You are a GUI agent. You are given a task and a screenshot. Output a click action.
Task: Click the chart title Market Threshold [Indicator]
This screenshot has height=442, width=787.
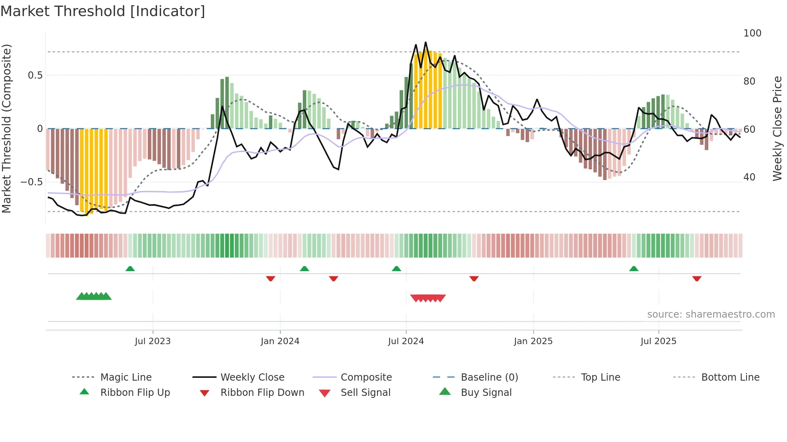[x=103, y=11]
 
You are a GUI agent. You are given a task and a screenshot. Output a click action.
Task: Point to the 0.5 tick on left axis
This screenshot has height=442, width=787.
[x=35, y=75]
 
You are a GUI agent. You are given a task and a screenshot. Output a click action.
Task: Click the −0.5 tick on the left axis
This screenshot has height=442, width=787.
[x=32, y=182]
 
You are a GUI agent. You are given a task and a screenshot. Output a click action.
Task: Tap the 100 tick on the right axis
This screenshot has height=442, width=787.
[x=752, y=33]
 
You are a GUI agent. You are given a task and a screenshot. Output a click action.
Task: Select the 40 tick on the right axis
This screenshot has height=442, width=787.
[x=749, y=177]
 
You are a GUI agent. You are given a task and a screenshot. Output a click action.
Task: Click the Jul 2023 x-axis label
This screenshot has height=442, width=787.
[x=153, y=341]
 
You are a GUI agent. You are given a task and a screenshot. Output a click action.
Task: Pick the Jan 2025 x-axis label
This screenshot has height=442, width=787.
[x=533, y=341]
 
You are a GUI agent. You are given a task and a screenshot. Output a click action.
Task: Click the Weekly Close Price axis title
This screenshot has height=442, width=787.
[x=777, y=128]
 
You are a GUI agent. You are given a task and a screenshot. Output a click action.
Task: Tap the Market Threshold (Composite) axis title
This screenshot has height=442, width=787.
[x=6, y=128]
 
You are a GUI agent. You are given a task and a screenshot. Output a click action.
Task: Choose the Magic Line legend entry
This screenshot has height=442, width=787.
[x=126, y=377]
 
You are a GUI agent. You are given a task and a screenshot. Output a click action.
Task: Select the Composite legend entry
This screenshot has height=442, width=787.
[x=366, y=377]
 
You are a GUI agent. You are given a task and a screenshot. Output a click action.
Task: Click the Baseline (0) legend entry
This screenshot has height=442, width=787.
[x=489, y=377]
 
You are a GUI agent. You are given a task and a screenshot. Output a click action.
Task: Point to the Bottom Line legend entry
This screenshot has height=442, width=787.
[x=730, y=377]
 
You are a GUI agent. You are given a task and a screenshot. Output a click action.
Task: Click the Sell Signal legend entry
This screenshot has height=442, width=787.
[x=365, y=393]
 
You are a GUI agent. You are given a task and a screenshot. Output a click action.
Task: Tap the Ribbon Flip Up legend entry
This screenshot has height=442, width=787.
[x=135, y=393]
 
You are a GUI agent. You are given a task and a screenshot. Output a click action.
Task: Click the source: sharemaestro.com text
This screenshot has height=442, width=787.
[x=711, y=314]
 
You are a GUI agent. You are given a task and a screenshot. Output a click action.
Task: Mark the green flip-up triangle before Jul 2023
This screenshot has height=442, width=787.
[x=130, y=269]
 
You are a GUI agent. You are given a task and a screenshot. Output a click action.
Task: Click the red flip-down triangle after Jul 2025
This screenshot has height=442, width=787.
[x=697, y=278]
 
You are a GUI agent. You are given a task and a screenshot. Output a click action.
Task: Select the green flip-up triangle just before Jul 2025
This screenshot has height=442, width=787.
[x=634, y=269]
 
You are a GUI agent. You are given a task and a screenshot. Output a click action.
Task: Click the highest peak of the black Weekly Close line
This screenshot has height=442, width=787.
[x=426, y=42]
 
